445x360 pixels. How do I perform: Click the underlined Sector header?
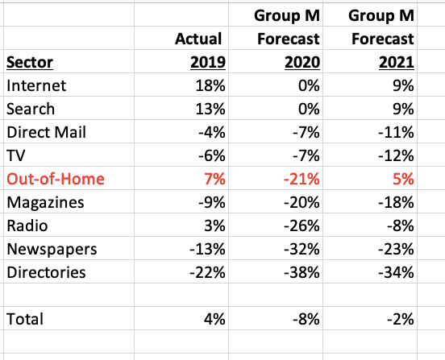[x=30, y=62]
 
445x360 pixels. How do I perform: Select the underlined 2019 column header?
[x=208, y=62]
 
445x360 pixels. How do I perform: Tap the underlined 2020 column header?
[x=302, y=62]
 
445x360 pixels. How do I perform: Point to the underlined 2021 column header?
[x=397, y=62]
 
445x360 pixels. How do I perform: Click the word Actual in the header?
[x=198, y=39]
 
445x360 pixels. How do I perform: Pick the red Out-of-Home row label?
[x=56, y=179]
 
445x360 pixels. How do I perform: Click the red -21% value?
[x=302, y=179]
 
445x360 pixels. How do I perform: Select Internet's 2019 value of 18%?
[x=210, y=85]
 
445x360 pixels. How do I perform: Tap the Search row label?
[x=31, y=110]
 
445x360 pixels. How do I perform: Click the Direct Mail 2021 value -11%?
[x=396, y=132]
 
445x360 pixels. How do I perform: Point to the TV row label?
[x=16, y=155]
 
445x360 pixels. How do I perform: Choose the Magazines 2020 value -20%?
[x=302, y=202]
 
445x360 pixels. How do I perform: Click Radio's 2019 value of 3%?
[x=214, y=226]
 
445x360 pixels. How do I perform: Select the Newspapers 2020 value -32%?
[x=302, y=249]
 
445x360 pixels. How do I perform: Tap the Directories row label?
[x=46, y=272]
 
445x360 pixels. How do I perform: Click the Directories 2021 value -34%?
[x=396, y=272]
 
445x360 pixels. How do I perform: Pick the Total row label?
[x=25, y=319]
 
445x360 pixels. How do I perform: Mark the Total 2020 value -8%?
[x=306, y=319]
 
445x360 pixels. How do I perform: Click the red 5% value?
[x=403, y=179]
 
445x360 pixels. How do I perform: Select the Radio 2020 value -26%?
[x=302, y=226]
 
